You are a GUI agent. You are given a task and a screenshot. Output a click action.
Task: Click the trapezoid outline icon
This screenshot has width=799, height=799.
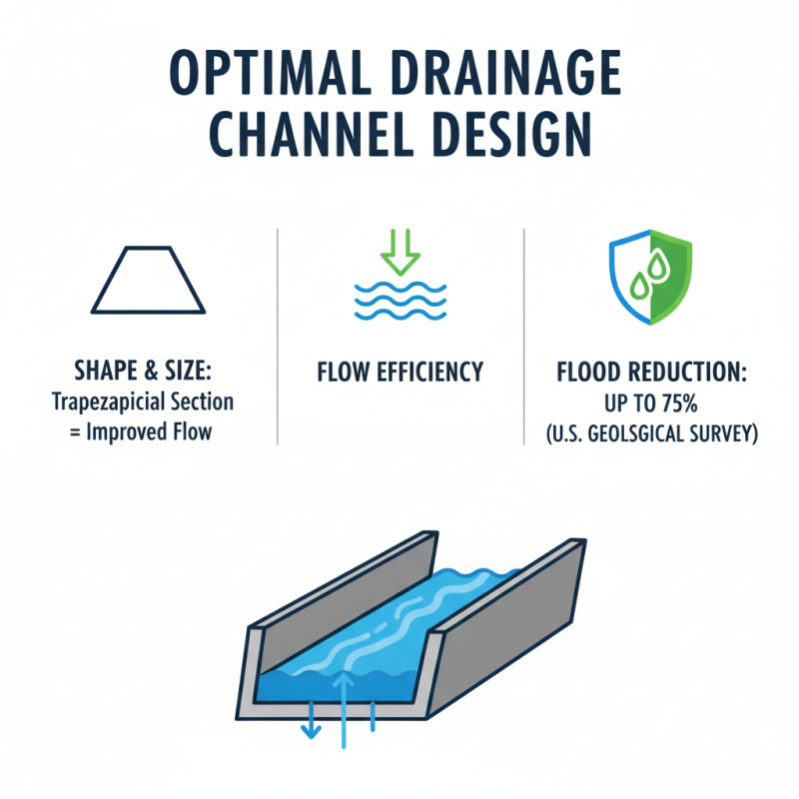pyautogui.click(x=148, y=281)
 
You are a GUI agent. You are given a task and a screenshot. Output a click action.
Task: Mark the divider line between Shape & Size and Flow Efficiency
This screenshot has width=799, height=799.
pyautogui.click(x=277, y=335)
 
